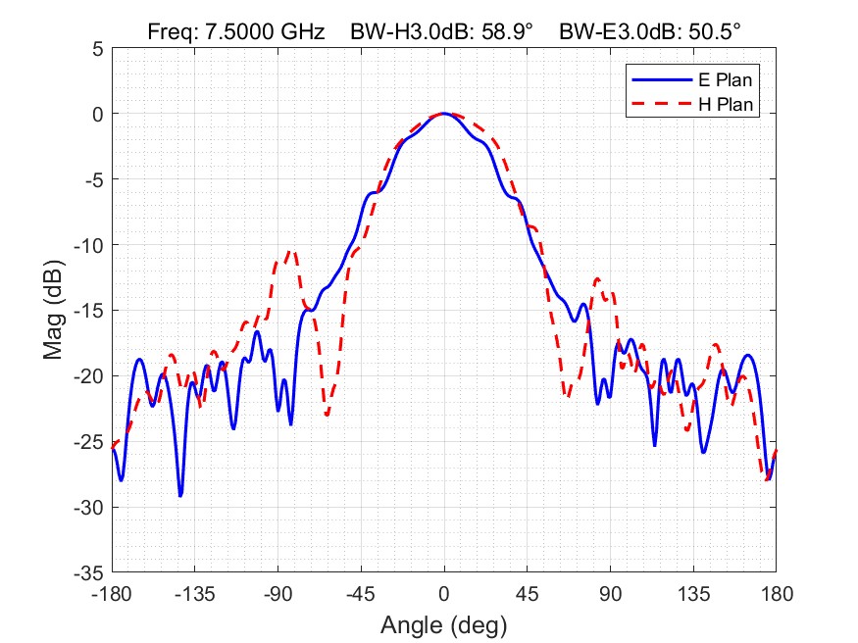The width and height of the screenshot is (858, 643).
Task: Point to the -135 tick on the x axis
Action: coord(195,594)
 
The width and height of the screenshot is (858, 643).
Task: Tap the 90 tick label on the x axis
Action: coord(610,594)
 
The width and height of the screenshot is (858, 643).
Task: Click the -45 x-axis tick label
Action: coord(361,594)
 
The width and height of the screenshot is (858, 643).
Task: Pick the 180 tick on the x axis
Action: coord(776,594)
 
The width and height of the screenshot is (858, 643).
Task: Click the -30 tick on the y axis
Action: coord(89,507)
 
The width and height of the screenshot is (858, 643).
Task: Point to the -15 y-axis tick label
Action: coord(89,310)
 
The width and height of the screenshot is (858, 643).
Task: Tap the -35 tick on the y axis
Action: coord(89,572)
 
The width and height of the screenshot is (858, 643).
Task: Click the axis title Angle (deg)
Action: coord(443,623)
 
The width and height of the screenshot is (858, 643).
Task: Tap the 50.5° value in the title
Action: coord(713,31)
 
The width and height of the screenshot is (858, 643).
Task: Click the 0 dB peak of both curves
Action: coord(444,114)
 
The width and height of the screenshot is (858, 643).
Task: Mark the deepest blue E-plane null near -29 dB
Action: coord(180,495)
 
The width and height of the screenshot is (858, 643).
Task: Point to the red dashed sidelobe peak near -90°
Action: coord(290,252)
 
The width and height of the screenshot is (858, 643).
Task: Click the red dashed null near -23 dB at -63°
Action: coord(328,415)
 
